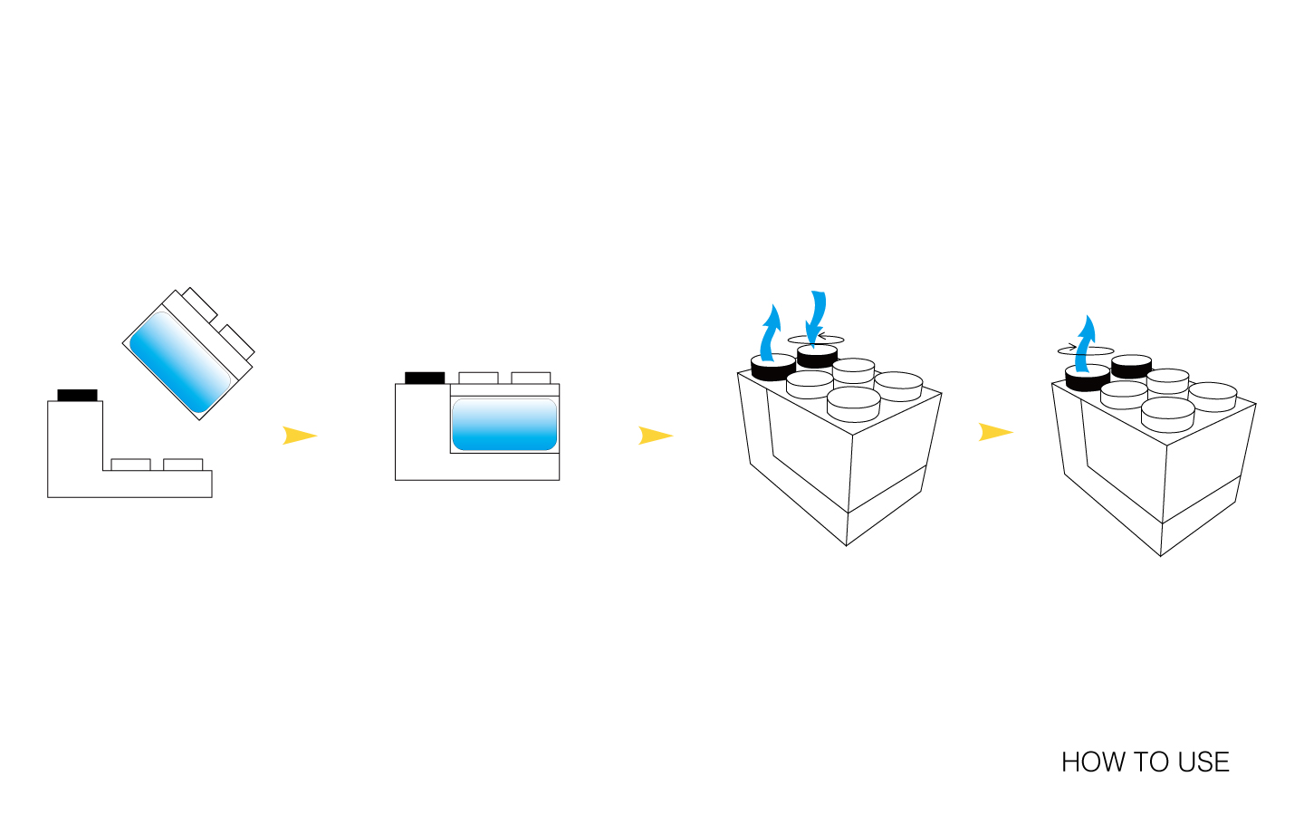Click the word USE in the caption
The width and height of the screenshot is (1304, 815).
(x=1203, y=762)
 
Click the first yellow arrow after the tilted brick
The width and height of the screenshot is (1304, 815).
(x=299, y=436)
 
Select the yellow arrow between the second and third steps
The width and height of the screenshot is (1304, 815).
(x=655, y=436)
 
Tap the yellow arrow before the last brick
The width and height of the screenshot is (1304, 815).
(x=994, y=432)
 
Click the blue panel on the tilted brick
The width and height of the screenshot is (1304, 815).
(x=179, y=361)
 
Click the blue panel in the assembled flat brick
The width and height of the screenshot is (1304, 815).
(x=503, y=424)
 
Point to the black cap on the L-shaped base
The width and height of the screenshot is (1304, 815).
(x=77, y=395)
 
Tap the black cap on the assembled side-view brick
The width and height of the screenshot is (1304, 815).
(x=425, y=378)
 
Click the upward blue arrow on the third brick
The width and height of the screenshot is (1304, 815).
(x=770, y=333)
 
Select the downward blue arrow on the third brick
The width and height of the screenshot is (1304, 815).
(x=817, y=317)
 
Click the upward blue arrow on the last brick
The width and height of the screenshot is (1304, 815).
(x=1085, y=342)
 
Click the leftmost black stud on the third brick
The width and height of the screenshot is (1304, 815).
(x=772, y=368)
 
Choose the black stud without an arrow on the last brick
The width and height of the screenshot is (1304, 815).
(x=1131, y=366)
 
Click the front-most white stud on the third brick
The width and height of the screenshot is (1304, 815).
(x=854, y=404)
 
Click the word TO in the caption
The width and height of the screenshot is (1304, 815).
(x=1146, y=762)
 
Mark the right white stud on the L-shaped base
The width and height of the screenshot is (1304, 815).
(x=183, y=465)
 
